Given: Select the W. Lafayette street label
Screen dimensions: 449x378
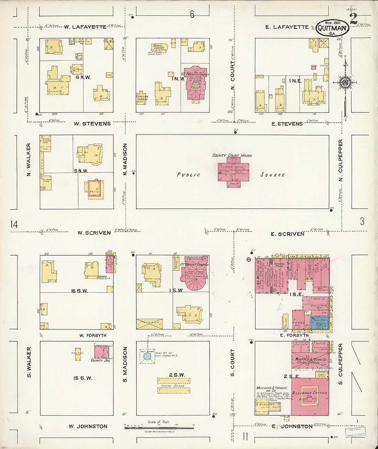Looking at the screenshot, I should click(85, 27).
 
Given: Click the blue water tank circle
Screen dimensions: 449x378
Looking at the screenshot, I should click(147, 356).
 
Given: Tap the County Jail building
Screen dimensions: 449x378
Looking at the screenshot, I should click(101, 352).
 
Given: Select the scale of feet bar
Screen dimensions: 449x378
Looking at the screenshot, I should click(159, 428).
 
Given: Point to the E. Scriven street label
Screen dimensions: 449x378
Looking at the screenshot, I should click(287, 234).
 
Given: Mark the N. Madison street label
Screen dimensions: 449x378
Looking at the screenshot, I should click(125, 159).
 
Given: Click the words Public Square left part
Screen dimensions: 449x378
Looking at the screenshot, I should click(189, 175).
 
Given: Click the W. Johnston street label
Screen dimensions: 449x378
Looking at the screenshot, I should click(88, 426).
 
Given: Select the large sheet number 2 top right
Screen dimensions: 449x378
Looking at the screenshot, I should click(354, 20).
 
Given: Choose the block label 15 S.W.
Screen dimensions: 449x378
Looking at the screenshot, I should click(82, 378).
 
